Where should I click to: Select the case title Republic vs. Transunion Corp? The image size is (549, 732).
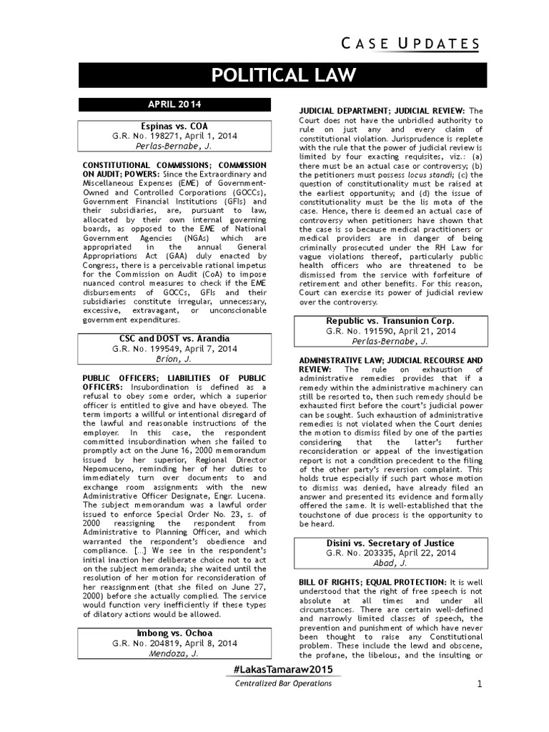[x=390, y=320]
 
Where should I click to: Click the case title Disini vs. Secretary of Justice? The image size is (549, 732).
[x=390, y=543]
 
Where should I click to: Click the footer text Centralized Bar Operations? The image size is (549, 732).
[x=284, y=683]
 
